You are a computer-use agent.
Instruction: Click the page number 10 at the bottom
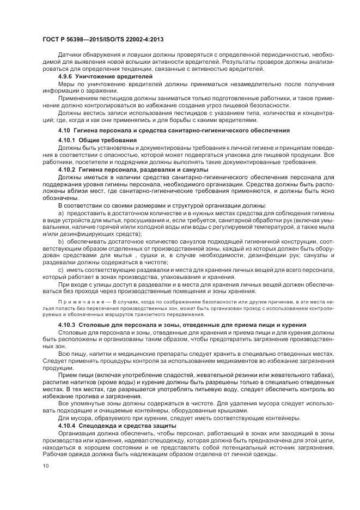[x=45, y=466]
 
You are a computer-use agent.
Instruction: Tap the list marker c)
[x=61, y=269]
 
